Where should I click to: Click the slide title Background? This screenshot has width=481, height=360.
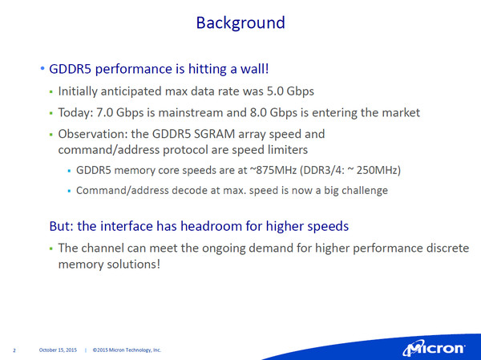coord(240,23)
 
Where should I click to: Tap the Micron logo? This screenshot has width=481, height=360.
coord(434,349)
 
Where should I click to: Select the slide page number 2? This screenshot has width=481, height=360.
coord(14,350)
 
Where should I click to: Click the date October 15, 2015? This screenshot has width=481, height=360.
coord(58,350)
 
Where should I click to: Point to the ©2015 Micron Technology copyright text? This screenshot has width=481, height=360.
coord(127,350)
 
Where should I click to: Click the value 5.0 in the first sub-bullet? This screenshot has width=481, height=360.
coord(275,91)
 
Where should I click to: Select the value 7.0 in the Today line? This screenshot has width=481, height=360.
coord(104,112)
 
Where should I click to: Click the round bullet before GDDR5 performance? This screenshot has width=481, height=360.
coord(42,68)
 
